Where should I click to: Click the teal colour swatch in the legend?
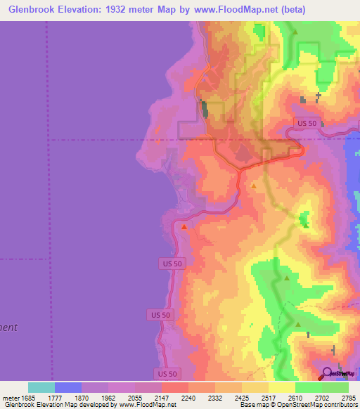pyautogui.click(x=41, y=387)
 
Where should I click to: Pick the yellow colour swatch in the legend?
pyautogui.click(x=281, y=387)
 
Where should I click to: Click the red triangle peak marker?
pyautogui.click(x=185, y=226)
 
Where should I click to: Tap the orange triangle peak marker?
pyautogui.click(x=254, y=185)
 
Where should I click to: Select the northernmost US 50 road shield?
pyautogui.click(x=306, y=122)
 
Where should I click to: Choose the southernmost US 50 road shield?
pyautogui.click(x=167, y=373)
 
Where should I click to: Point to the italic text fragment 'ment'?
pyautogui.click(x=8, y=327)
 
